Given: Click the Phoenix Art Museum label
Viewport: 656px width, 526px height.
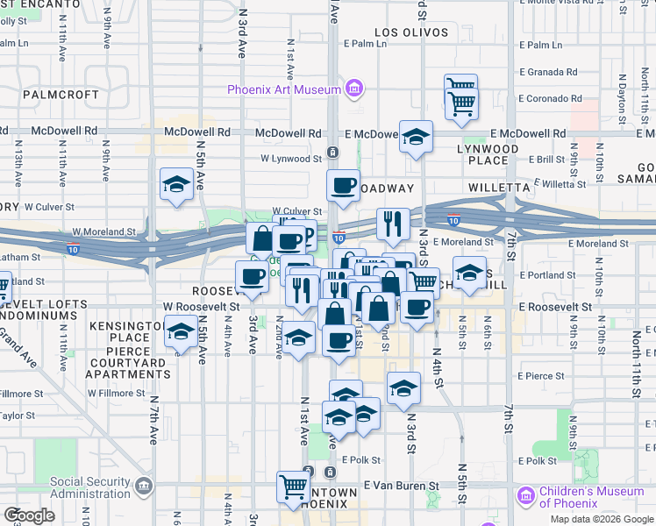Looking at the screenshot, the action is tap(283, 89).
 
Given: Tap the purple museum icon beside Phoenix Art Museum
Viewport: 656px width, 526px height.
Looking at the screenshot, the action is tap(353, 89).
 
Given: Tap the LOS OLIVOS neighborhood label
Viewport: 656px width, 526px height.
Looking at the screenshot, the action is tap(405, 33).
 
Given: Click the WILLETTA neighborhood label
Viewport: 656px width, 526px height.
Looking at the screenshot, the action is tap(499, 188).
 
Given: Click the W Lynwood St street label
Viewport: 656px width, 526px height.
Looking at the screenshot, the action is tap(291, 160).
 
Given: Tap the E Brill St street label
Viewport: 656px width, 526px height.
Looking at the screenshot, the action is tap(540, 160).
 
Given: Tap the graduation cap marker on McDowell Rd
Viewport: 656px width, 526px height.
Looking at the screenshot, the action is tap(417, 136).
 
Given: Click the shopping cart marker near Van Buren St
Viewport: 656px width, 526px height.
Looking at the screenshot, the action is tap(294, 486).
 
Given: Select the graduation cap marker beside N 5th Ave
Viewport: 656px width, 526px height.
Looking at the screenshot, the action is tap(176, 184).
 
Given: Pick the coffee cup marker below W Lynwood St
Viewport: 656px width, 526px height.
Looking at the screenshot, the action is tap(343, 185).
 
